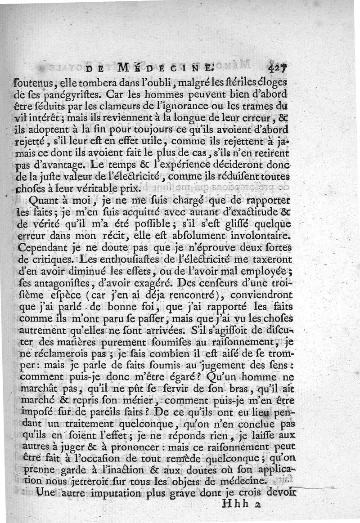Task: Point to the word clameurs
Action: (177, 107)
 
